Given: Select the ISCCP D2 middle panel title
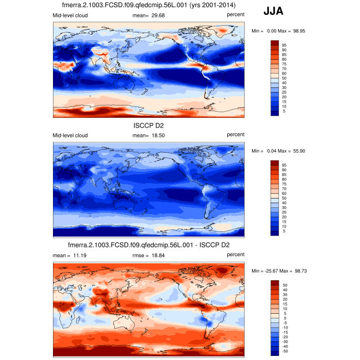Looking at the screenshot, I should [149, 125].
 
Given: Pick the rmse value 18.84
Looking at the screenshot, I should [157, 255].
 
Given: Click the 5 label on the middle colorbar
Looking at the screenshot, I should [283, 231].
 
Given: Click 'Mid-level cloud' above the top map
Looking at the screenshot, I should [70, 15].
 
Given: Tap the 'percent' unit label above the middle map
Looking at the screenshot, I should [236, 135].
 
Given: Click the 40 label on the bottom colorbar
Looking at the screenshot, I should [284, 290].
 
